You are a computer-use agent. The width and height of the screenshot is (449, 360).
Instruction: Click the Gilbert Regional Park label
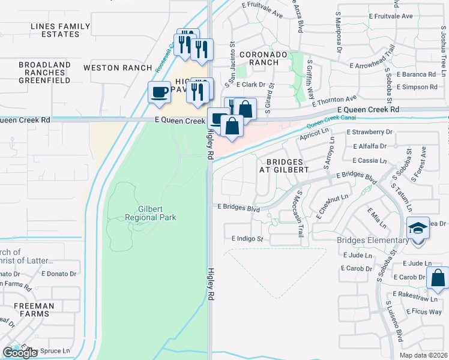[x=150, y=212]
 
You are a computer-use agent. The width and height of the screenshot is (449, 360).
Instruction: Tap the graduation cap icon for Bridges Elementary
[x=418, y=229]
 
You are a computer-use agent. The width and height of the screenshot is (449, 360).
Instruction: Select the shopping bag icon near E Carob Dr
[x=438, y=279]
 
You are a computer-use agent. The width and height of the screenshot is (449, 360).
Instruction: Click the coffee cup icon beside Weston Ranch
[x=159, y=92]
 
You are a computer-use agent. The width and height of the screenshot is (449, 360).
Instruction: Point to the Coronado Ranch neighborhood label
[x=259, y=58]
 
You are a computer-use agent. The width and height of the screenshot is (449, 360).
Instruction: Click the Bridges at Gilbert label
[x=283, y=166]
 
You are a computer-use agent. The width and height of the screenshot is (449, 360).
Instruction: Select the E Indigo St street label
[x=247, y=239]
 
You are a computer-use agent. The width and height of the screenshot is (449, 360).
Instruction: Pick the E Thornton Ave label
[x=335, y=98]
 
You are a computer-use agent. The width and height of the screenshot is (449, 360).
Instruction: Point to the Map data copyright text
[x=424, y=355]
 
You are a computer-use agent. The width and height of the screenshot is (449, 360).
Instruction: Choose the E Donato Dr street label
[x=59, y=273]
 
